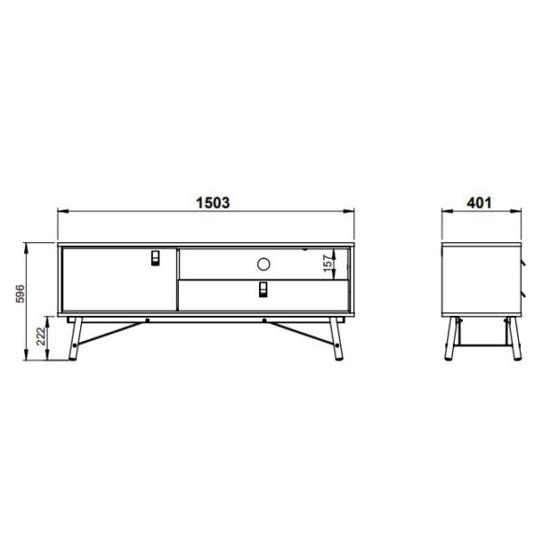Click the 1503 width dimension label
point(212,202)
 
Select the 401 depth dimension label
point(479,202)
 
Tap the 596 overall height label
point(20,293)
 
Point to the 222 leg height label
point(41,336)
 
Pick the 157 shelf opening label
point(328,263)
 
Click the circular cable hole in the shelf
point(264,265)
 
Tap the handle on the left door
point(155,258)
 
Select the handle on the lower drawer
point(263,289)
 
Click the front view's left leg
point(75,339)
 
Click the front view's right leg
point(336,339)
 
